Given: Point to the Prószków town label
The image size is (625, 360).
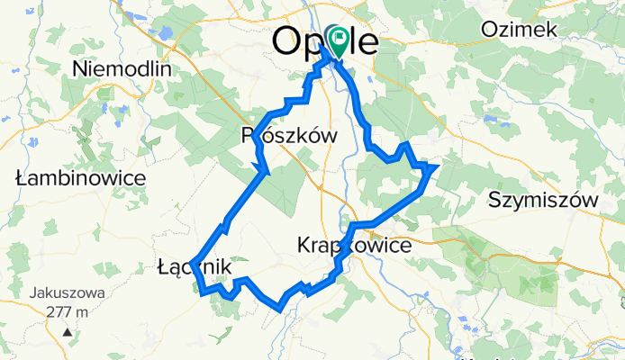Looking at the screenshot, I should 290,136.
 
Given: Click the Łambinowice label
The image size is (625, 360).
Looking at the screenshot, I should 81,178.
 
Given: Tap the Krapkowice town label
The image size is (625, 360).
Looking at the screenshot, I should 354,245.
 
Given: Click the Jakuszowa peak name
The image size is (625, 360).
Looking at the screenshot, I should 67,293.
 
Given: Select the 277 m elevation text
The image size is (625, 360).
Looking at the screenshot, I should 67,311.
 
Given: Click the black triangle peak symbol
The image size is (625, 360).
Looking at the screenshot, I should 67,332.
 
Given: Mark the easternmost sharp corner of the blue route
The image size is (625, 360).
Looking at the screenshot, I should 436,166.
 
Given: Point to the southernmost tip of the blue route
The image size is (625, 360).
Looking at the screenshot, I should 282,308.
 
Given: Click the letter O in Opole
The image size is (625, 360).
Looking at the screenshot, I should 287,41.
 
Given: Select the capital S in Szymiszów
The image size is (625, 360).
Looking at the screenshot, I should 492,199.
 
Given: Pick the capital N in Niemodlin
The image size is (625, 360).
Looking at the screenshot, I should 79,69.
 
